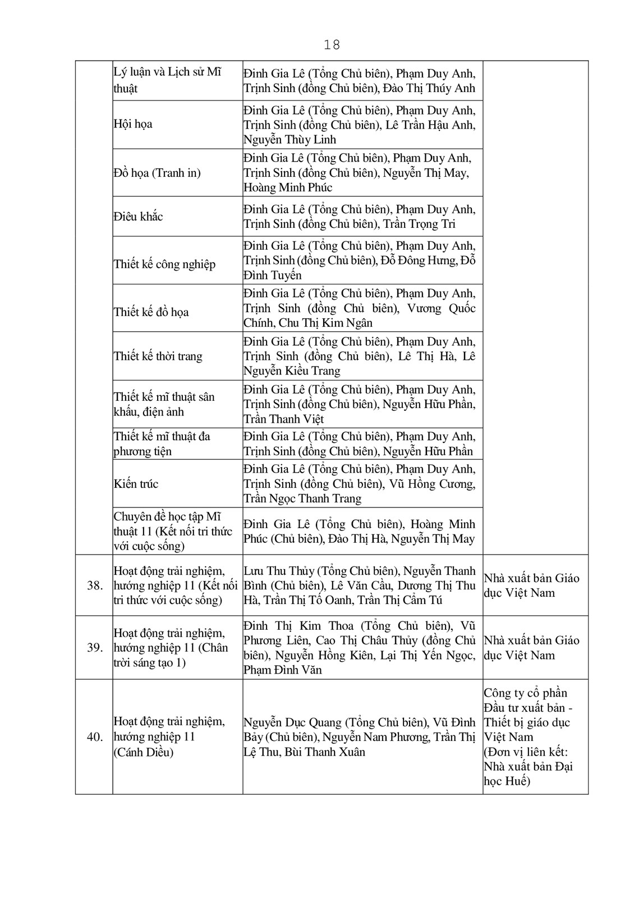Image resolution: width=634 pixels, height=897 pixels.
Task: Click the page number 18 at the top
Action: coord(332,45)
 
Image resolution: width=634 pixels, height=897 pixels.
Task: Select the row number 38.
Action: coord(95,585)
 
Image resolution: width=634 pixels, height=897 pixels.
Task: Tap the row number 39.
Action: coord(95,648)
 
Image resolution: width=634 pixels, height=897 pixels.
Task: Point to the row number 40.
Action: coord(95,737)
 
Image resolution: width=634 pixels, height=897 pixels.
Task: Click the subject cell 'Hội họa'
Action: coord(133,124)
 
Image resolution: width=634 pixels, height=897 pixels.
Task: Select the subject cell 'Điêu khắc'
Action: coord(139,217)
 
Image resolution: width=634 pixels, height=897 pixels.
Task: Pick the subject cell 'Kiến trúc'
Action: coord(136,484)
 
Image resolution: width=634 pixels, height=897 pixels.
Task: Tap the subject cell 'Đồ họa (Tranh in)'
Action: coord(157,173)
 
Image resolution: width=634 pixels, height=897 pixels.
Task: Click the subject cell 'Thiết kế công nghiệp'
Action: coord(164,264)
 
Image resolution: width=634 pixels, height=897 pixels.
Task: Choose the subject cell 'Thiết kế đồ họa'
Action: coord(151,312)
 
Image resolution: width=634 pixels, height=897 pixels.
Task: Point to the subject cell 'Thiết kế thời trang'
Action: coord(158,356)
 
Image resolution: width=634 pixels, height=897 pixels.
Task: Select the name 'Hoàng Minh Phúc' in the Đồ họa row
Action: coord(288,187)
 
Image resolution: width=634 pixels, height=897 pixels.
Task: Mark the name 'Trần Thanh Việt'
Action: coord(284,419)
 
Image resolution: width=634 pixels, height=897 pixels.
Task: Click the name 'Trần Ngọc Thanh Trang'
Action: coord(302,498)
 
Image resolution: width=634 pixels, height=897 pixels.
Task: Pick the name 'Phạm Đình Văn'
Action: coord(283,670)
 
